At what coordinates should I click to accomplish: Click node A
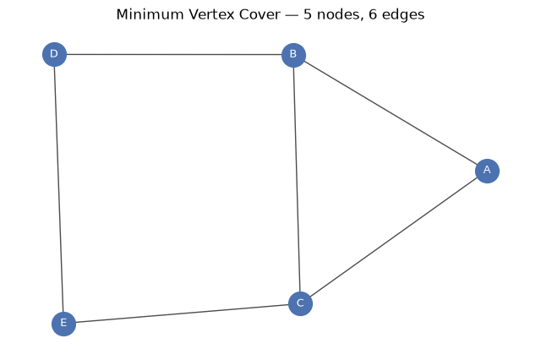[x=487, y=171]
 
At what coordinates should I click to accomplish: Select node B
[x=293, y=55]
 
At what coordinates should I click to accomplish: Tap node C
[x=300, y=303]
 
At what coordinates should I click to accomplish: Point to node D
[x=54, y=54]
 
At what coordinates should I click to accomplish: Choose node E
[x=63, y=324]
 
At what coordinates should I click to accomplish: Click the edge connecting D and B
[x=174, y=54]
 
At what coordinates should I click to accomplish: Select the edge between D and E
[x=58, y=189]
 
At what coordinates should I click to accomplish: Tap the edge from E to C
[x=182, y=314]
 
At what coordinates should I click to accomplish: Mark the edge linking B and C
[x=297, y=179]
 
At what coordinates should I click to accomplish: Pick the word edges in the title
[x=402, y=15]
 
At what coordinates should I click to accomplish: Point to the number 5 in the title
[x=308, y=14]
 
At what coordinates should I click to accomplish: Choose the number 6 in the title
[x=373, y=14]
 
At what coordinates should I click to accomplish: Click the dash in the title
[x=292, y=15]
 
